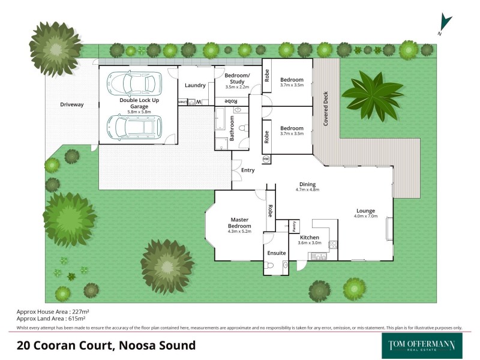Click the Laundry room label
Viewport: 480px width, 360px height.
coord(196,85)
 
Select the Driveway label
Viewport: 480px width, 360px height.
coord(72,105)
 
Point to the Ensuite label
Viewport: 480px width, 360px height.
coord(277,253)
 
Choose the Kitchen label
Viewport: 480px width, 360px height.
coord(310,238)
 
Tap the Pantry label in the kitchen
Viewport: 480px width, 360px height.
coord(295,227)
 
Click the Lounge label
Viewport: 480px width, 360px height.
coord(365,211)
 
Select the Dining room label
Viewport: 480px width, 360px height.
coord(307,184)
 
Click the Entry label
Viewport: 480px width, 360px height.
coord(248,170)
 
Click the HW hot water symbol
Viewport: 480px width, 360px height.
coord(266,159)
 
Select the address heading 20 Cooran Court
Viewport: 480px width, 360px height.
coord(106,345)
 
